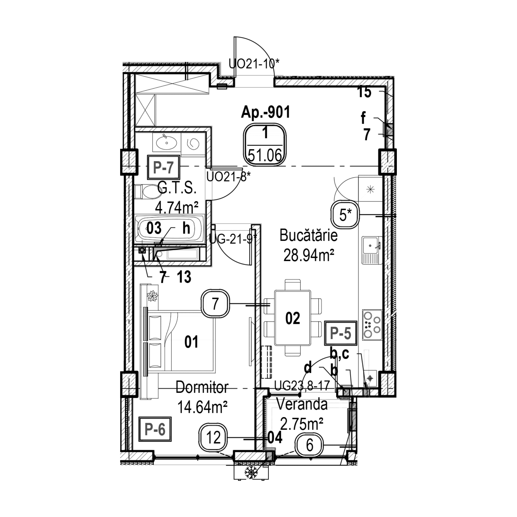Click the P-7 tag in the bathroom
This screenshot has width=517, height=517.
(x=163, y=168)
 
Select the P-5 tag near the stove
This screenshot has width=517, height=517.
(x=340, y=333)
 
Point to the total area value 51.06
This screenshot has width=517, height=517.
(x=265, y=156)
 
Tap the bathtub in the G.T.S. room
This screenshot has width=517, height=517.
(x=169, y=229)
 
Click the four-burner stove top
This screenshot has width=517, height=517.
(x=372, y=325)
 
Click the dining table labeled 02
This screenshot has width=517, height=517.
(x=292, y=318)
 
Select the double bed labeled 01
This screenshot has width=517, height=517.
(x=182, y=341)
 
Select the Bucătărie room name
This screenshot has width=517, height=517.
(x=308, y=236)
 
